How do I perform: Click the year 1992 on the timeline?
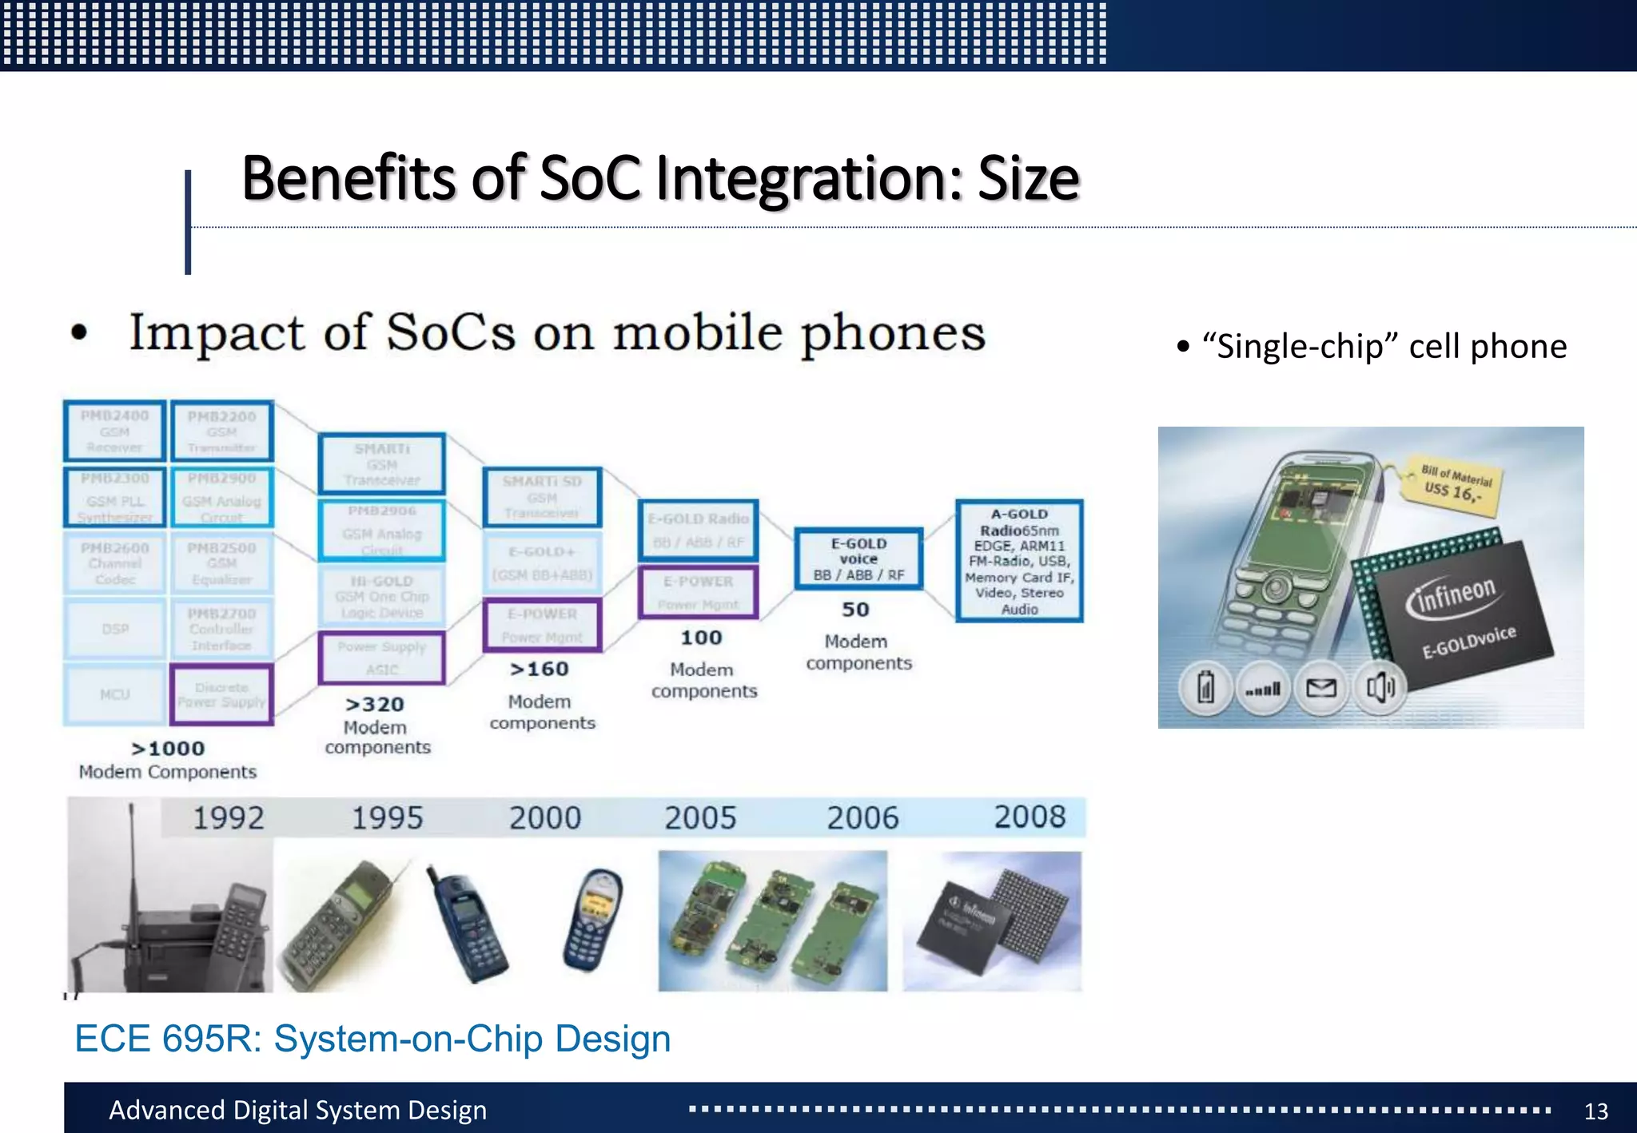click(229, 818)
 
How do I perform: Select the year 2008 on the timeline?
click(1030, 817)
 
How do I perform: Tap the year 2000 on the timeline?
click(545, 818)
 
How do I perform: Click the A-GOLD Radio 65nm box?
click(1019, 561)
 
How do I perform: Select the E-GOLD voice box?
click(858, 559)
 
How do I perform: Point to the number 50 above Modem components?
click(855, 610)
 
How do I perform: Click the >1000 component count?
click(169, 749)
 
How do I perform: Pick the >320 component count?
click(375, 705)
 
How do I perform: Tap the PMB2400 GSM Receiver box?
click(114, 431)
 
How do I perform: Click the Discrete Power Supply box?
click(221, 694)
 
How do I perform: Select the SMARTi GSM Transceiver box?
click(381, 464)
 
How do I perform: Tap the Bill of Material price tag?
click(1454, 483)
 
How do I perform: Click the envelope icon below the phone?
click(1320, 687)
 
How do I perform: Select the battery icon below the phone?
click(1205, 687)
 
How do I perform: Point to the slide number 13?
click(1595, 1111)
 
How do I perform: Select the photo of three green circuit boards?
click(772, 920)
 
